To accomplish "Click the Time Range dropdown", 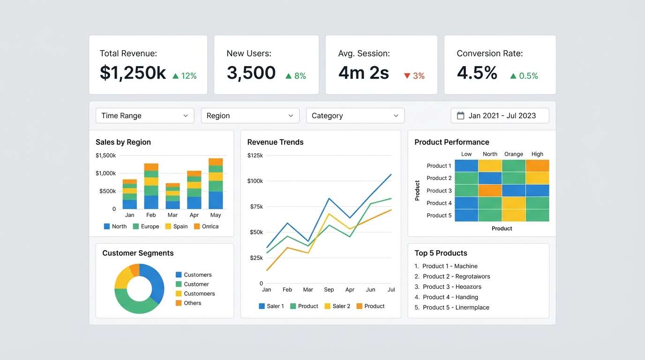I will [144, 116].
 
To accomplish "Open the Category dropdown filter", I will [355, 116].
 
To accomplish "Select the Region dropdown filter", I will [250, 116].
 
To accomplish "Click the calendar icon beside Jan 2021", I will [460, 116].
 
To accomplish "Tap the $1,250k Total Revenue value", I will [133, 73].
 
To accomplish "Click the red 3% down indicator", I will [414, 76].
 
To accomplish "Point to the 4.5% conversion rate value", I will [477, 73].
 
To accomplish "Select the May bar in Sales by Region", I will [216, 184].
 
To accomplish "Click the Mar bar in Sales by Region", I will [172, 196].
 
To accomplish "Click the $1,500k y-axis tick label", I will [105, 156].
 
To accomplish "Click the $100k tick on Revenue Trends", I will [255, 181].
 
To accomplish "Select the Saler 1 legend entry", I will [271, 306].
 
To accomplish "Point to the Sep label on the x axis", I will [329, 290].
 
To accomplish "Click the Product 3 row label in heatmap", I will [439, 191].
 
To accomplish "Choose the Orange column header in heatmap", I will [513, 154].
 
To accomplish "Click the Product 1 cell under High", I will [537, 166].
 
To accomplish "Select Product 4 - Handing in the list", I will [450, 297].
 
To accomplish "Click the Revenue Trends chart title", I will [275, 142].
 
